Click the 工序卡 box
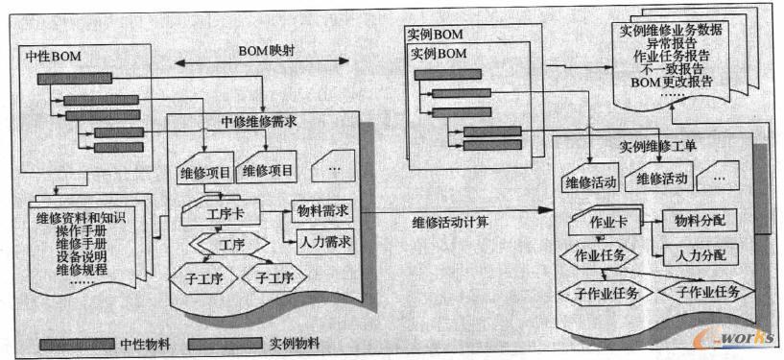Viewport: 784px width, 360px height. [x=210, y=210]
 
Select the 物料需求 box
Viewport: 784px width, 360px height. [x=322, y=210]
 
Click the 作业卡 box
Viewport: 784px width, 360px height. [x=596, y=222]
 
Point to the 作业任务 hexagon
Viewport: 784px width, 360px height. [x=601, y=255]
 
